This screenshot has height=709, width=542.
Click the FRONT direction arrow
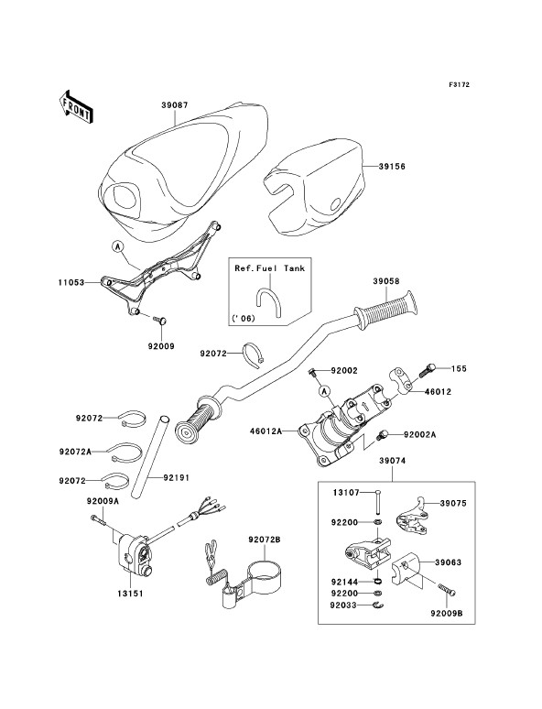tap(76, 106)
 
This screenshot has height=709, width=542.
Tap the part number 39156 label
tap(392, 167)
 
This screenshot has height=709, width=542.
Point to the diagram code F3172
tap(460, 84)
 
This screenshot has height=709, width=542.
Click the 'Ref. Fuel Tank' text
tap(269, 268)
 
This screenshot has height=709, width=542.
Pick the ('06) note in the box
tap(244, 319)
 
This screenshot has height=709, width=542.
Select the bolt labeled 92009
tap(160, 320)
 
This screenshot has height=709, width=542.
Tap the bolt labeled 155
tap(428, 370)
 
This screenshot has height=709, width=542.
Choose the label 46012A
tap(266, 431)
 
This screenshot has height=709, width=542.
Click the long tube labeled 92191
tap(149, 457)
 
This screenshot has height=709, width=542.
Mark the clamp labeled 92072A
tap(125, 452)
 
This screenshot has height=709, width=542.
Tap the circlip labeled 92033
tap(378, 605)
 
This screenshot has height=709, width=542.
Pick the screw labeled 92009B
tap(447, 589)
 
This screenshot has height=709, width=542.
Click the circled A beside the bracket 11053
tap(118, 247)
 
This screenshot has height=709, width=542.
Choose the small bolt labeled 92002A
tap(383, 435)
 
